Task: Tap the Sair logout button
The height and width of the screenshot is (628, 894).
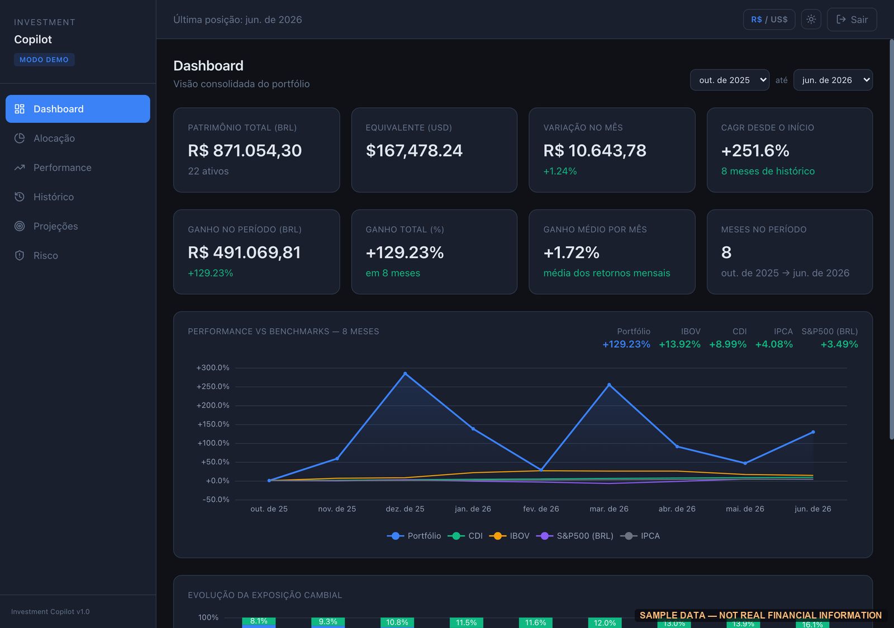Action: (852, 20)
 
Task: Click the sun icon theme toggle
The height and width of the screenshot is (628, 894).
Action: (811, 20)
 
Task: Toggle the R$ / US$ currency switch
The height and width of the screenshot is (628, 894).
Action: (769, 20)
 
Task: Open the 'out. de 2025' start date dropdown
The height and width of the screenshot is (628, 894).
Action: (729, 80)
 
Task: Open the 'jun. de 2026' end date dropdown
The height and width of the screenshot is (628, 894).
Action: (833, 80)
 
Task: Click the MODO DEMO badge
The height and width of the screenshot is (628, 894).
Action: (44, 60)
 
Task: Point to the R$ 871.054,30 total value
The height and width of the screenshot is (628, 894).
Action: (245, 151)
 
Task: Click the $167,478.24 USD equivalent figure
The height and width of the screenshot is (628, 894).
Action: (414, 151)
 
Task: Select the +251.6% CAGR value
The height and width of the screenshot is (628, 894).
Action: (755, 151)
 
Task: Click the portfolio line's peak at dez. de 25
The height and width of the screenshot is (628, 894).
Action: (405, 373)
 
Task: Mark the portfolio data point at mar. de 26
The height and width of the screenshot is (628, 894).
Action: (609, 385)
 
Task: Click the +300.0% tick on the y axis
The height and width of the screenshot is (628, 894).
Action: (213, 368)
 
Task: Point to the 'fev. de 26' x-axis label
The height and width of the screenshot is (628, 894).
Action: (541, 509)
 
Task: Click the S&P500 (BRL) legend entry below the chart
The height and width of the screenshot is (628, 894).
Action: (574, 536)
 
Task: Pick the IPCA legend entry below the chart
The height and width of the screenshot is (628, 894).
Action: (640, 536)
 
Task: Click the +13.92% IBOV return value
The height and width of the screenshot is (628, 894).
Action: (679, 344)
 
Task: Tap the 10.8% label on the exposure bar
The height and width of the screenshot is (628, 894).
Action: (397, 622)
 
